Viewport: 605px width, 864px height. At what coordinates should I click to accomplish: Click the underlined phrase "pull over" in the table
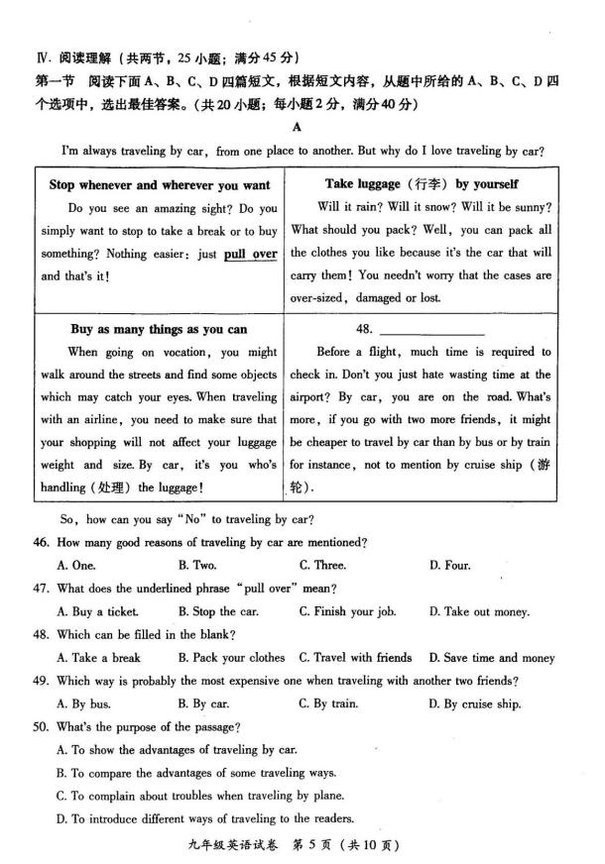point(250,255)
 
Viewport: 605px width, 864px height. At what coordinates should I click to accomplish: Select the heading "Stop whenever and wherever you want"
point(159,185)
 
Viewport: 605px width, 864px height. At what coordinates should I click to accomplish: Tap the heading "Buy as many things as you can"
point(159,329)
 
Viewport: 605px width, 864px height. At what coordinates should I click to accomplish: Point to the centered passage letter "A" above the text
point(297,127)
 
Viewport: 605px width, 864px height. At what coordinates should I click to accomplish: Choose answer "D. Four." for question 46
point(449,566)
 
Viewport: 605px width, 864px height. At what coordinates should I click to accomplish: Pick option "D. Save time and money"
point(491,658)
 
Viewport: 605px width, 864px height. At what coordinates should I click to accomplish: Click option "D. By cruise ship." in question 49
point(474,704)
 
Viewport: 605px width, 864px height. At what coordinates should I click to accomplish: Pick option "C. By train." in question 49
point(328,704)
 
